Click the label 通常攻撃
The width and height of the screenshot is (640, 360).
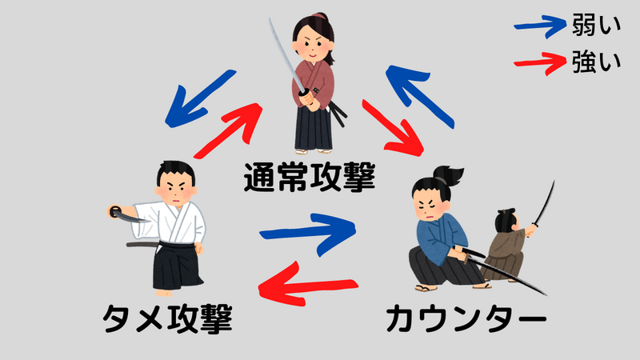pos(310,177)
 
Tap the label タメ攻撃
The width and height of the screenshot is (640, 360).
pos(168,318)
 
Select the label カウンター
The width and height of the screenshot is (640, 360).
pos(466,319)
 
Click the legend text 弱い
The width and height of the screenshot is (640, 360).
pos(596,25)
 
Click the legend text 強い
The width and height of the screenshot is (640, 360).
pos(596,62)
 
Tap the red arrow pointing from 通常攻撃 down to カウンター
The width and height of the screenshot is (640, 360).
pos(393,129)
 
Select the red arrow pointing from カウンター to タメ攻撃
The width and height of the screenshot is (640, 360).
pos(307,284)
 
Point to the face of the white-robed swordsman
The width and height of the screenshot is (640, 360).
pos(175,188)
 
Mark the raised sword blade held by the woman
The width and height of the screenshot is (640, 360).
pos(286,55)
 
